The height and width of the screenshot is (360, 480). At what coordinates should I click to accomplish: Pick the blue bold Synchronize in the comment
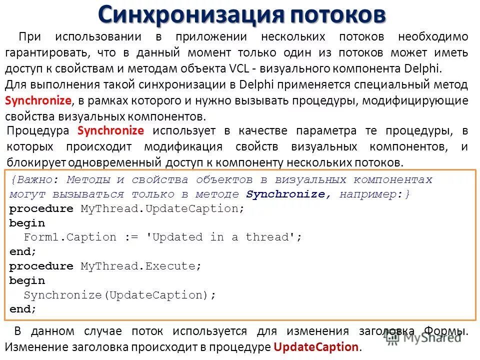[285, 194]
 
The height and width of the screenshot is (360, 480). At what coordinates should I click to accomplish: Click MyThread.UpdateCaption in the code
[162, 208]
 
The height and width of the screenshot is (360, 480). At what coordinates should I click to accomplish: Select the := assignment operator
[131, 237]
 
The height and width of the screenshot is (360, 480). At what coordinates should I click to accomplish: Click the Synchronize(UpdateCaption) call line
[120, 295]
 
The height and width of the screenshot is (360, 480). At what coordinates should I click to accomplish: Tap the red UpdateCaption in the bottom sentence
[316, 346]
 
